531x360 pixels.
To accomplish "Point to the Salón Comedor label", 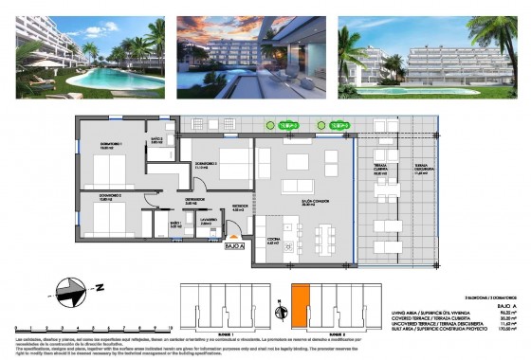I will point(302,203).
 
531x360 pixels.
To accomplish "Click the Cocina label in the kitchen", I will point(272,243).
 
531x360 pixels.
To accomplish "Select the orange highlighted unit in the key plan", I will point(301,309).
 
